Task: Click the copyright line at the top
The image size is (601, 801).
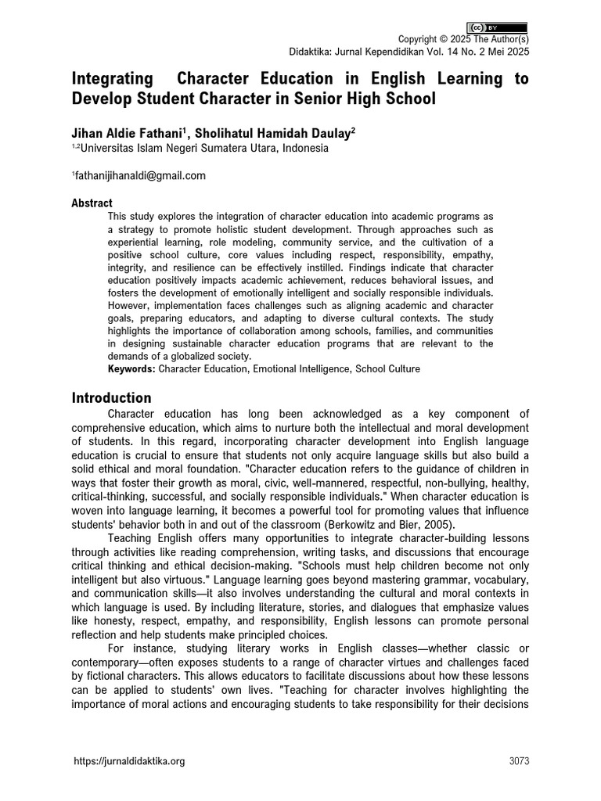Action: tap(463, 40)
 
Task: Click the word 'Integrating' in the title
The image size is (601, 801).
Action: tap(113, 79)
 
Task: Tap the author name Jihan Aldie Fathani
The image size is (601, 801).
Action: tap(128, 133)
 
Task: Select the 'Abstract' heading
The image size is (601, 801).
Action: tap(92, 203)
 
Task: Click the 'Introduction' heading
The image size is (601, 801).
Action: tap(111, 398)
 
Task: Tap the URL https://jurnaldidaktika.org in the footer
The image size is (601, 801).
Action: tap(129, 762)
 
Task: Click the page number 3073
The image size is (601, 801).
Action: tap(518, 762)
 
